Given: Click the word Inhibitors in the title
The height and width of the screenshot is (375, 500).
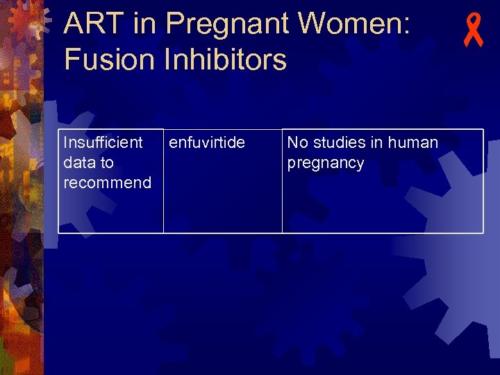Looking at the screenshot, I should click(x=225, y=60).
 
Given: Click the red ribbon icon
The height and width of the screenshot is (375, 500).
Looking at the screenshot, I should click(x=474, y=31).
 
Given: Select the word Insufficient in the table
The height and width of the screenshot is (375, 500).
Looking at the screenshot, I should click(x=103, y=143).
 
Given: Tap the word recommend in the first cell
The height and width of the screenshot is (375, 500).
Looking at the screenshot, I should click(x=107, y=183).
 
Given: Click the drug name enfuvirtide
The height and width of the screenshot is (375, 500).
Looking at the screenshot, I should click(x=207, y=143).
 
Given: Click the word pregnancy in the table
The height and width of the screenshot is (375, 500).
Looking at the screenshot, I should click(x=325, y=163).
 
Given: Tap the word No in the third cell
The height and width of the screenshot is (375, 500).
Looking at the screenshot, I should click(x=297, y=143).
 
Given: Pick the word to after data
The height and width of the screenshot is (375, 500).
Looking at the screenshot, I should click(x=107, y=163).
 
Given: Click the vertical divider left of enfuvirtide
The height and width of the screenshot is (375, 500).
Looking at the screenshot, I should click(x=163, y=181).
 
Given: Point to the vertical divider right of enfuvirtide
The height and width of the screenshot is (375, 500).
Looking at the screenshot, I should click(x=282, y=181).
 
